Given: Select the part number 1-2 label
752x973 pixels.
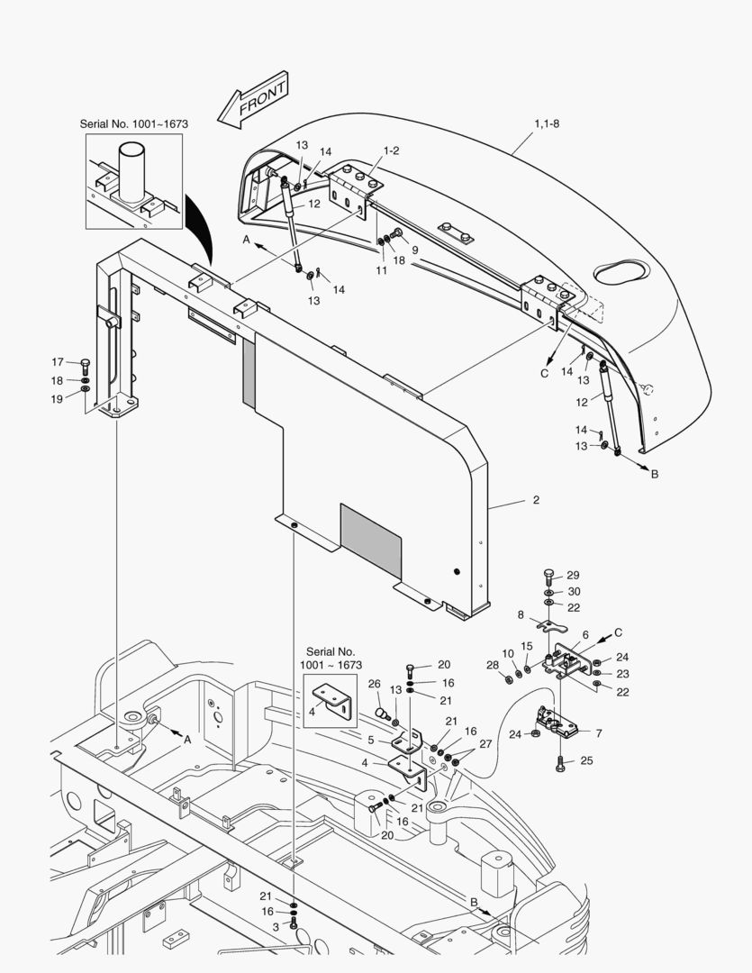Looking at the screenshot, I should coord(392,150).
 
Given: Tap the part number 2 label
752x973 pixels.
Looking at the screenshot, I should coord(536,499).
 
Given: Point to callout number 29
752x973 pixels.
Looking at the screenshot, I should coord(573,575).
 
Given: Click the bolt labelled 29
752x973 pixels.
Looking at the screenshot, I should coord(549,575).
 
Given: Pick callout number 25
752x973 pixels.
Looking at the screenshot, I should coord(586,761).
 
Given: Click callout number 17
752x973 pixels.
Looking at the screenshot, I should coord(58,362).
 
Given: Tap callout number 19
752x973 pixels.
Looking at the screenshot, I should coord(58,398).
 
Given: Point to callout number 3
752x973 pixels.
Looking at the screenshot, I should coord(276,926).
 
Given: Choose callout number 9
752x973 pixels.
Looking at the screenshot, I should coord(415,250).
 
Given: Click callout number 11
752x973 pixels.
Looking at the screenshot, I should coord(382,269).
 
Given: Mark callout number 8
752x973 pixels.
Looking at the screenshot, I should coord(521,614).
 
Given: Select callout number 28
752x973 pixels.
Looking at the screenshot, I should coord(493,665).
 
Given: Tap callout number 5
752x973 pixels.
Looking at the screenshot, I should coord(371,740).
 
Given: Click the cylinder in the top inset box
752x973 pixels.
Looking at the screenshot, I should coord(131,176).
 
